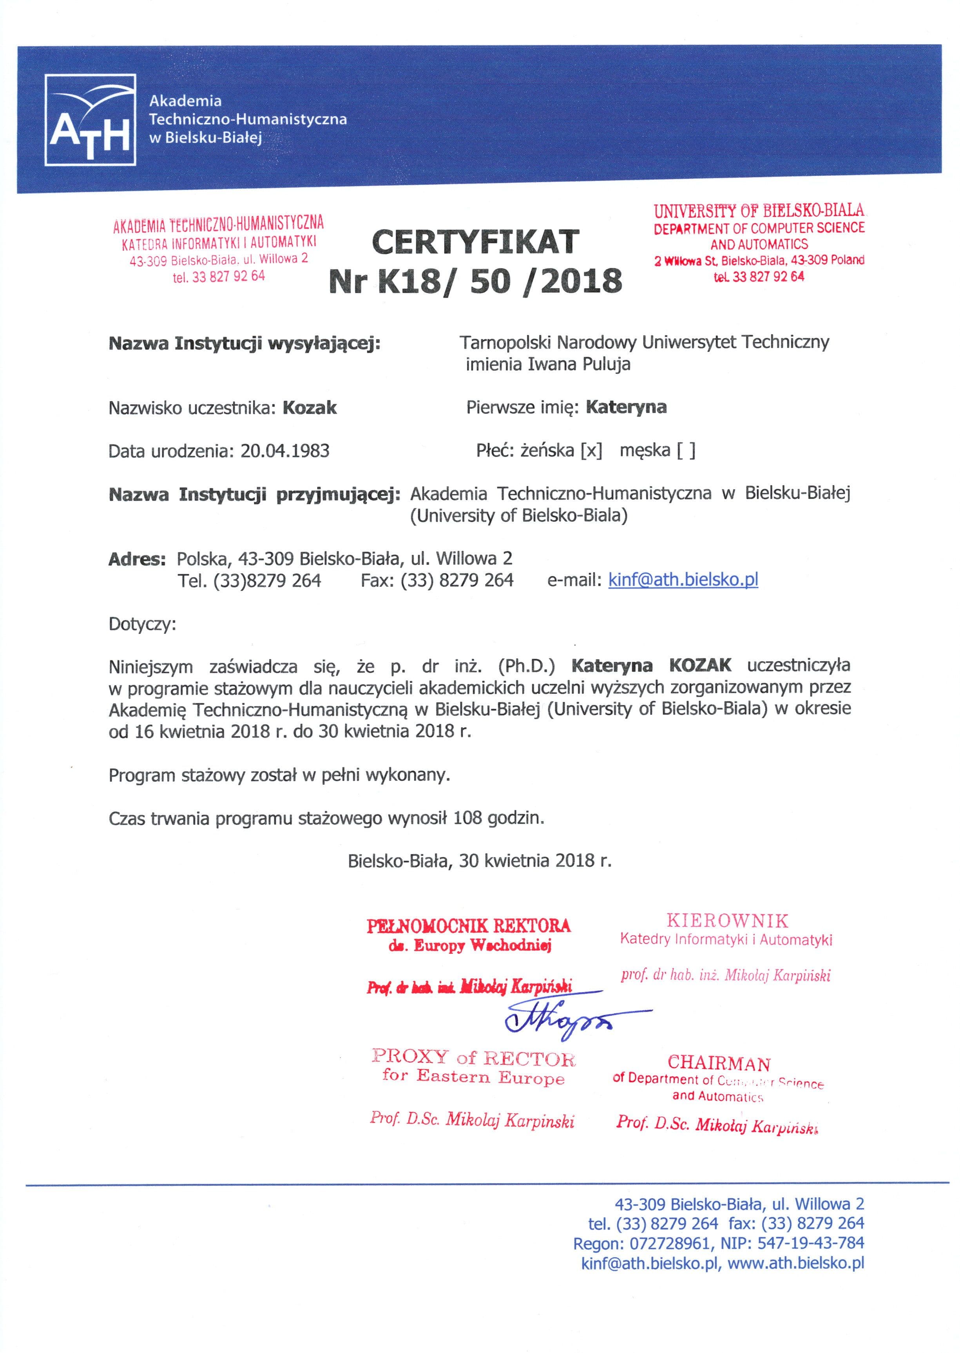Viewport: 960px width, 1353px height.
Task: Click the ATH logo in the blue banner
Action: [x=91, y=120]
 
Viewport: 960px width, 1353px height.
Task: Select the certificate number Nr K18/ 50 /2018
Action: [x=475, y=280]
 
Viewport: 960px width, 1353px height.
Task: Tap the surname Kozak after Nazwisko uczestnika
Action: [x=310, y=407]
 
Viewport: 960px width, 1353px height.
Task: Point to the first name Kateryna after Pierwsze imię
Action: [x=626, y=407]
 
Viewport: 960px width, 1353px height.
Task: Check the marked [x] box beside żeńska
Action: [x=591, y=451]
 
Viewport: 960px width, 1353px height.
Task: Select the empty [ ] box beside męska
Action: [x=686, y=451]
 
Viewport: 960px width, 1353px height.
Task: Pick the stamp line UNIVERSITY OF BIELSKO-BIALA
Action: [x=759, y=211]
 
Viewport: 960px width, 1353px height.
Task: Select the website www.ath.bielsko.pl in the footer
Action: [x=796, y=1263]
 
